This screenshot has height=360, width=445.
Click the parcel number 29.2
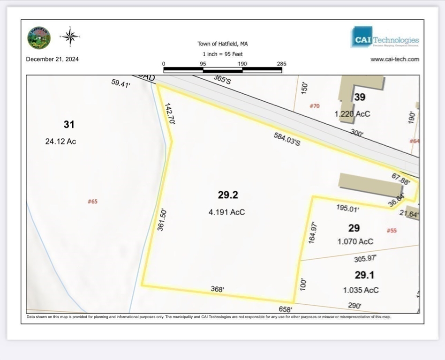coord(231,195)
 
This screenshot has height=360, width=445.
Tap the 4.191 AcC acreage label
coord(226,212)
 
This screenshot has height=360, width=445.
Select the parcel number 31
coord(69,124)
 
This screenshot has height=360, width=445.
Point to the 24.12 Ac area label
coord(60,141)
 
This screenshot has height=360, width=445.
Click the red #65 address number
coord(92,202)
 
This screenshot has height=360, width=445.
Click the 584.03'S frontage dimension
coord(287,139)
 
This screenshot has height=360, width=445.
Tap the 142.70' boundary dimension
coord(169,114)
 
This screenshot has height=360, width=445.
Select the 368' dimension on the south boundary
coord(217,289)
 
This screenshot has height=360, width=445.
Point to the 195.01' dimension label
coord(347,208)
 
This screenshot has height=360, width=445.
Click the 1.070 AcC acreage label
coord(355,241)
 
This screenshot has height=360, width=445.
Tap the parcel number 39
coord(360,97)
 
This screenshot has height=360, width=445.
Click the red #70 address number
coord(314,106)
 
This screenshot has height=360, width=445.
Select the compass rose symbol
coord(70,36)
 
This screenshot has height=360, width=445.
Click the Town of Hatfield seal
coord(39,37)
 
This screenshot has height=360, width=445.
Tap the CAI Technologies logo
coord(385,37)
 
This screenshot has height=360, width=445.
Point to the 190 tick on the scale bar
coord(242,64)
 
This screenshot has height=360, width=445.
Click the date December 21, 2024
coord(53,59)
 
